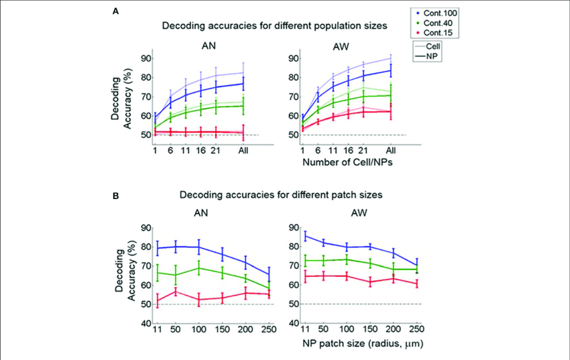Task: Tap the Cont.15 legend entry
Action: coord(436,32)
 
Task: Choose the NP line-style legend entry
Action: coord(432,56)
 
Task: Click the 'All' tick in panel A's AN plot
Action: coord(244,151)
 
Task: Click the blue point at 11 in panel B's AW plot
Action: coord(305,236)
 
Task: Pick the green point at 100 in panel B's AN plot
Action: coord(198,268)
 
